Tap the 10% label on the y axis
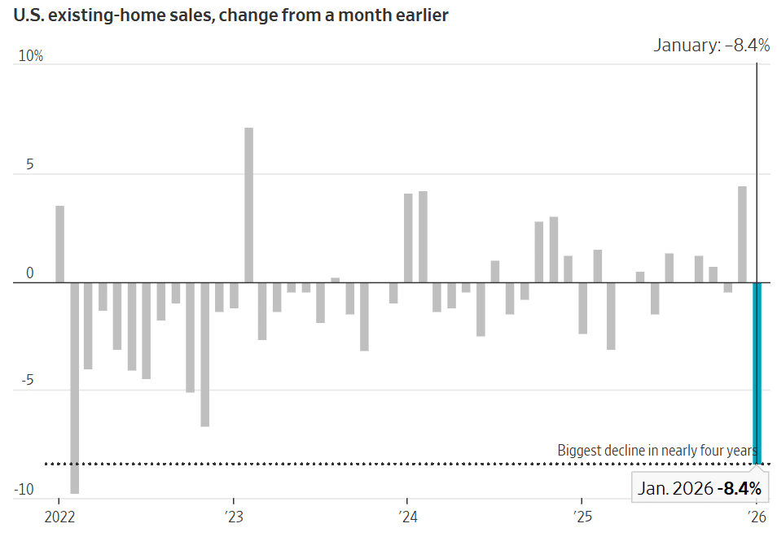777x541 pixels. (32, 56)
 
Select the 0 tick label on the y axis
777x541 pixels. (30, 273)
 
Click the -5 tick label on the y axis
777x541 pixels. (27, 381)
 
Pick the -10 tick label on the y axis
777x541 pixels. (24, 490)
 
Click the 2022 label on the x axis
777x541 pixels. (59, 517)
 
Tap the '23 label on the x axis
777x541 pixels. (234, 517)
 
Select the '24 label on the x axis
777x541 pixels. (408, 517)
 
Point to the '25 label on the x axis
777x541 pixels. (582, 517)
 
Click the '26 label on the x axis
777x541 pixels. (757, 517)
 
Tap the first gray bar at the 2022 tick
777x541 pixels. (59, 244)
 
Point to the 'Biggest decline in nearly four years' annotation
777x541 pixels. (656, 450)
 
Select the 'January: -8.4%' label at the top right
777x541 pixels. (711, 46)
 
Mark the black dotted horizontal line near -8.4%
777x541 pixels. (326, 464)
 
